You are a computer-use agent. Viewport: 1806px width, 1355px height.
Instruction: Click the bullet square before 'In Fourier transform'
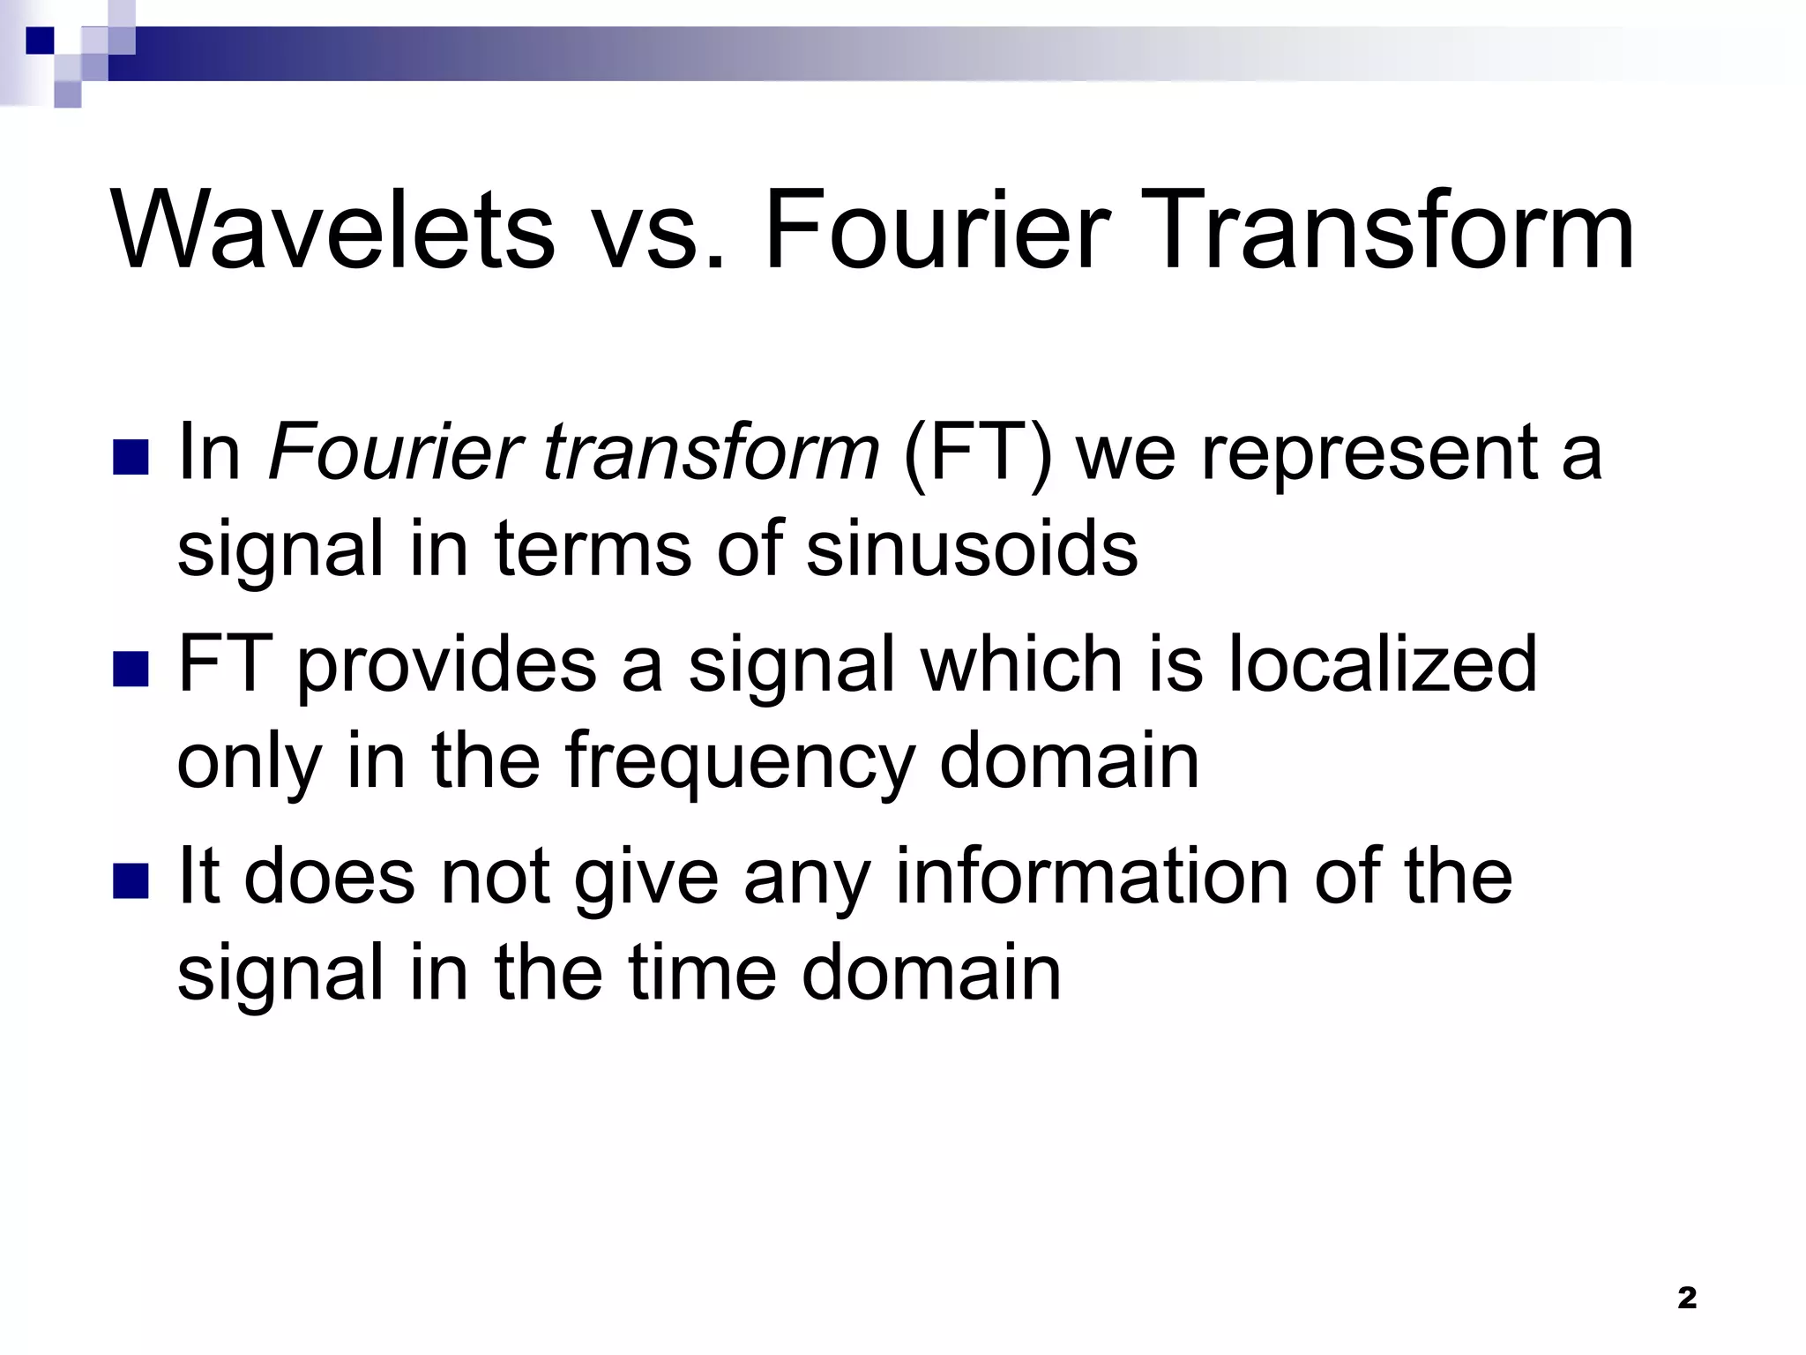coord(131,458)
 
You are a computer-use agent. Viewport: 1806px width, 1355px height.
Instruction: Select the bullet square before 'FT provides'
coord(131,670)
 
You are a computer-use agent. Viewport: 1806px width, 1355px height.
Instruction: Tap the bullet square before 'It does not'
coord(131,881)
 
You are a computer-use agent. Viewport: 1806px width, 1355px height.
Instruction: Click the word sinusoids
coord(972,549)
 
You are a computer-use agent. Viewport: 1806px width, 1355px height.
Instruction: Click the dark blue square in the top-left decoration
coord(40,40)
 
